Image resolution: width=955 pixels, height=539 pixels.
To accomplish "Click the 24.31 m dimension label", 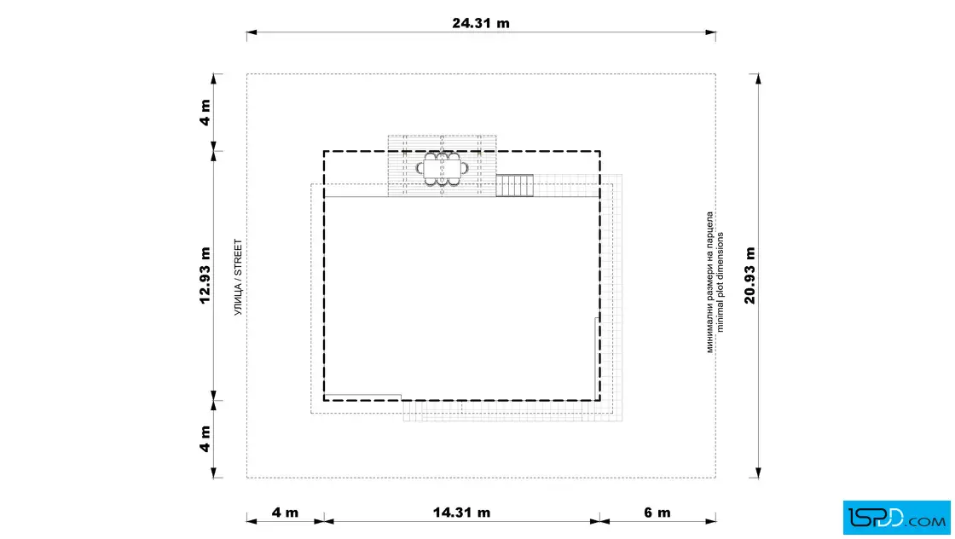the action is point(481,23).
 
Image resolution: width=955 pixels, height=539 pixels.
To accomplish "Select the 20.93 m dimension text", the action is point(750,275).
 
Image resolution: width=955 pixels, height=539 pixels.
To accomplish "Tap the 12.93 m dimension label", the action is point(205,275).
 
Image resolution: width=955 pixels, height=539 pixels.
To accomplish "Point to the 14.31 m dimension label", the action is point(461,513).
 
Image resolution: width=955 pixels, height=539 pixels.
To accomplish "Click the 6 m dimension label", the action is point(657,513).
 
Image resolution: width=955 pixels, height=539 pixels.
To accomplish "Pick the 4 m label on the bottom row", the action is point(285,513).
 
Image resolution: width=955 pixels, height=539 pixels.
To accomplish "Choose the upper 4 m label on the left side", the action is point(205,113).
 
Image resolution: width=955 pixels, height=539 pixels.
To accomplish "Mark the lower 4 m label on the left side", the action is point(205,439).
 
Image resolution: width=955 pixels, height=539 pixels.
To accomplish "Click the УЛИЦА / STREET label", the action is point(238,277).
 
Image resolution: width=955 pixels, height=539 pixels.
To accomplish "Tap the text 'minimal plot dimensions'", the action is point(721,282).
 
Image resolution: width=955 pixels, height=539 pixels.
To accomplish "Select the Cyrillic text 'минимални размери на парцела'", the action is point(709,282).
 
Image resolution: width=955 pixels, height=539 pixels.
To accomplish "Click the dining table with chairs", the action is point(443,169).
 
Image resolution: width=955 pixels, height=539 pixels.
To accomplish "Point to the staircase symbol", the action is point(515,185).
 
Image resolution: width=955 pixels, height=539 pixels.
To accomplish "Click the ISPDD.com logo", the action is point(896,518).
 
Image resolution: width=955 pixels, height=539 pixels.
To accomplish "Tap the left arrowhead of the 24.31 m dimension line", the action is point(252,32).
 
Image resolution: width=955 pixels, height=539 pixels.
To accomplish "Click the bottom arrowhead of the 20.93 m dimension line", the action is point(758,472).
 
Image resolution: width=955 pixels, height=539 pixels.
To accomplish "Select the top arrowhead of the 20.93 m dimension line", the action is point(758,79).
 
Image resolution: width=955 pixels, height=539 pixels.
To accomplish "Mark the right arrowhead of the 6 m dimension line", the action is point(711,521).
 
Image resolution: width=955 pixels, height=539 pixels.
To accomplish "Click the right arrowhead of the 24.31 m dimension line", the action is point(711,32).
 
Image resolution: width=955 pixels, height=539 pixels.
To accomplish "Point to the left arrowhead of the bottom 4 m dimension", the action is point(252,521).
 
